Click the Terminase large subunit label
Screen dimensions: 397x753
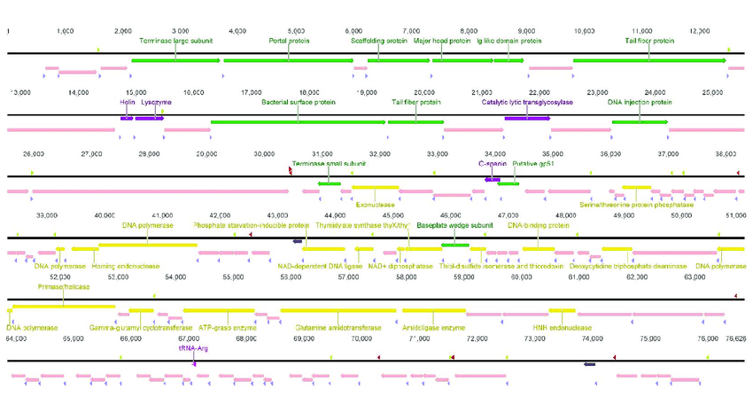(175, 41)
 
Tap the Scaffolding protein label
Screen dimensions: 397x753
(378, 41)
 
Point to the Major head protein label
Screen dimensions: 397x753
(442, 41)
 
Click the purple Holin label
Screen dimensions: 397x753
(127, 102)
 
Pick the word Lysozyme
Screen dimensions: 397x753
(157, 102)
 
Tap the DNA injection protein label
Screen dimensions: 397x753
(640, 102)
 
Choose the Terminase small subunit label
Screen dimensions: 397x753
(328, 164)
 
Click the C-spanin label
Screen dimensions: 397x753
(492, 164)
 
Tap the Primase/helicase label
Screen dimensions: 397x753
(63, 287)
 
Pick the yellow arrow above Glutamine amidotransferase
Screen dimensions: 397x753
(338, 311)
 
